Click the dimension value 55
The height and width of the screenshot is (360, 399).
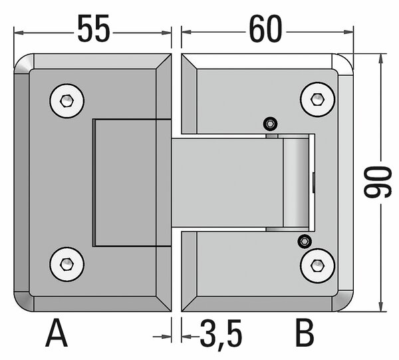click(x=94, y=28)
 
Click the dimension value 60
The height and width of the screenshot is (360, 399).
click(x=265, y=28)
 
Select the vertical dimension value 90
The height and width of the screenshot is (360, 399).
click(x=377, y=182)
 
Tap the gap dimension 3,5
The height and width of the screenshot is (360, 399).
click(x=220, y=333)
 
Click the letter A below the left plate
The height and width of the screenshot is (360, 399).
click(x=57, y=333)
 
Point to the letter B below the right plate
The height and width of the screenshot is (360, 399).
click(x=305, y=333)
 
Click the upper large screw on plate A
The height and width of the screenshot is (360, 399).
click(x=67, y=101)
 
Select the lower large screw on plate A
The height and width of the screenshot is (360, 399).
click(x=67, y=264)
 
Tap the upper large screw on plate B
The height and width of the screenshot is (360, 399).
click(x=318, y=99)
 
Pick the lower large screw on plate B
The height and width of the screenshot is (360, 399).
click(x=318, y=266)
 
